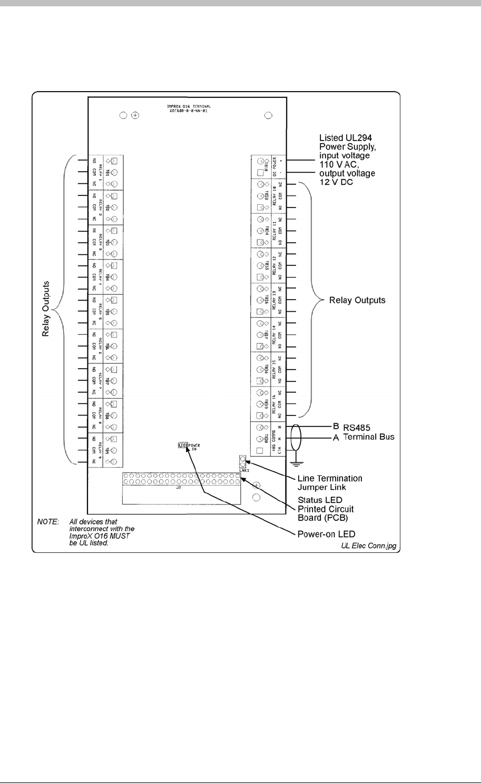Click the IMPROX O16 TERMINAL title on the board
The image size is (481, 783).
(x=186, y=106)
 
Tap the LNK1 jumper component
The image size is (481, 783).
(x=243, y=462)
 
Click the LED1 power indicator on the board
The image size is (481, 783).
(x=182, y=445)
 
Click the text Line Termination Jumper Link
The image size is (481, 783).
(x=330, y=482)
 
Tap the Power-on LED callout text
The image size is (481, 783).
(x=322, y=533)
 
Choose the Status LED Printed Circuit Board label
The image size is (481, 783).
(x=326, y=509)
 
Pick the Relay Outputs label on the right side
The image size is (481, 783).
(x=357, y=300)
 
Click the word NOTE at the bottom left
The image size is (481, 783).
(x=47, y=521)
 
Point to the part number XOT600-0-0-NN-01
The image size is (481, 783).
(x=186, y=112)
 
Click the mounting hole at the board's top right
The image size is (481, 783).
(x=268, y=115)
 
